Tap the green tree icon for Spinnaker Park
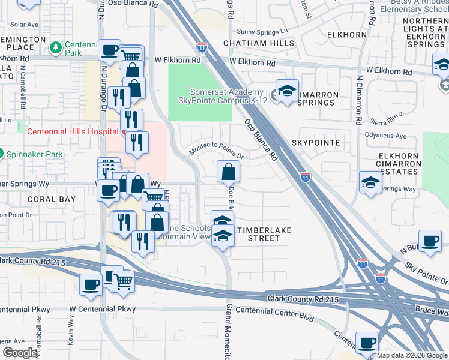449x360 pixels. click(1, 153)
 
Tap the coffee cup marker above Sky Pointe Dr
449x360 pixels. click(430, 241)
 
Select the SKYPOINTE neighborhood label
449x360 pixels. click(316, 143)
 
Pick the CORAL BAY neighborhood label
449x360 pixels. click(50, 199)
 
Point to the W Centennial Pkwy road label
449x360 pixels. click(103, 310)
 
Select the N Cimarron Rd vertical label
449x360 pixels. click(359, 100)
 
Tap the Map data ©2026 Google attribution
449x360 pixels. click(412, 355)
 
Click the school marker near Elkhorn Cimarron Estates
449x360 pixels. click(370, 182)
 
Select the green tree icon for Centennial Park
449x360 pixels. click(56, 47)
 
